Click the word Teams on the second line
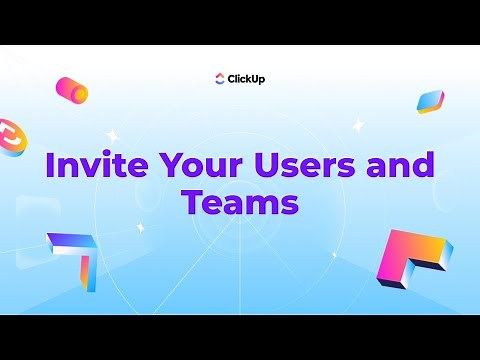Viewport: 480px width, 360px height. coord(240,202)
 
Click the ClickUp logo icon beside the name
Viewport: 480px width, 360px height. coord(221,79)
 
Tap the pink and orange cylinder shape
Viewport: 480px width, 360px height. coord(72,90)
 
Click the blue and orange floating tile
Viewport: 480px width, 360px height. coord(430,100)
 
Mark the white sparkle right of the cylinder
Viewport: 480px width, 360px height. coord(112,134)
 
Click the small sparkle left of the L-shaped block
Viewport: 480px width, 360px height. coord(334,254)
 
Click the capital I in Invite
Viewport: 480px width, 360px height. coord(50,166)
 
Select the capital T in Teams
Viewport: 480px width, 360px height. coord(192,202)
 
